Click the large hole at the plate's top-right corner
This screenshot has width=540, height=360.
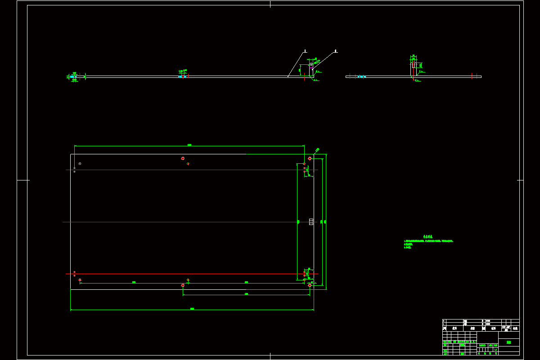(310, 158)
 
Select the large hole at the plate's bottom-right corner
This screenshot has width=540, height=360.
(310, 285)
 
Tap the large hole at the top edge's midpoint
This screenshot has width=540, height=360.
(183, 158)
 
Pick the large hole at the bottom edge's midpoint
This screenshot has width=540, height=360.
(183, 285)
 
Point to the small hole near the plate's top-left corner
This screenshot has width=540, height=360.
(80, 163)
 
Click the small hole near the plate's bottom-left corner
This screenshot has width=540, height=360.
(80, 280)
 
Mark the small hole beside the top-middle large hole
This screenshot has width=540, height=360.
(188, 164)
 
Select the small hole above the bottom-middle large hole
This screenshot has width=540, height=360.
(188, 280)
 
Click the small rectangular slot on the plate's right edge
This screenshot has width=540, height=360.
(311, 221)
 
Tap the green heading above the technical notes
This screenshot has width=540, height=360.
(427, 237)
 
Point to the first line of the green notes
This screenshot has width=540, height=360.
(428, 241)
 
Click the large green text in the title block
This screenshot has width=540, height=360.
(508, 342)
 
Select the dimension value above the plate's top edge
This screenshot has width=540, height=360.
(189, 145)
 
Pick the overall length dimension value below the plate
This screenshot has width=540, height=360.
(192, 309)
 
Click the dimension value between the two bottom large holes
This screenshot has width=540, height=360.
(246, 294)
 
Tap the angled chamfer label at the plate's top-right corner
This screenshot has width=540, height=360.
(317, 150)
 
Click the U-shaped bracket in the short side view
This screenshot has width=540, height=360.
(414, 65)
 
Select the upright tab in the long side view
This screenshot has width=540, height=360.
(311, 70)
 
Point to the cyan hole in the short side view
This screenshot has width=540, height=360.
(361, 76)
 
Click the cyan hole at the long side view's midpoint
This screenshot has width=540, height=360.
(182, 76)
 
